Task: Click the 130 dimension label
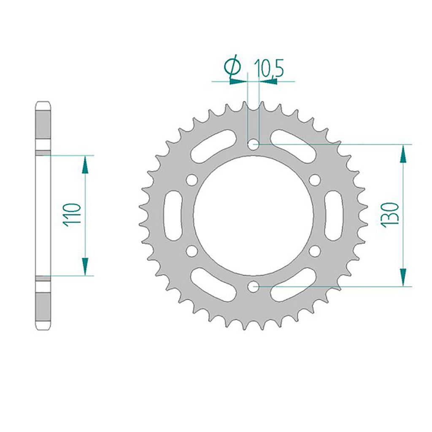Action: pyautogui.click(x=390, y=215)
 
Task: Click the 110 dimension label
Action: pyautogui.click(x=73, y=215)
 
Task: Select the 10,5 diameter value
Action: pyautogui.click(x=269, y=68)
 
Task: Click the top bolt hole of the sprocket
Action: pyautogui.click(x=253, y=144)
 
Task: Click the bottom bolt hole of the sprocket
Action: pyautogui.click(x=253, y=287)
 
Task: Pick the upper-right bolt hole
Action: pyautogui.click(x=315, y=180)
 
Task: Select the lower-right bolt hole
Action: pyautogui.click(x=315, y=251)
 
